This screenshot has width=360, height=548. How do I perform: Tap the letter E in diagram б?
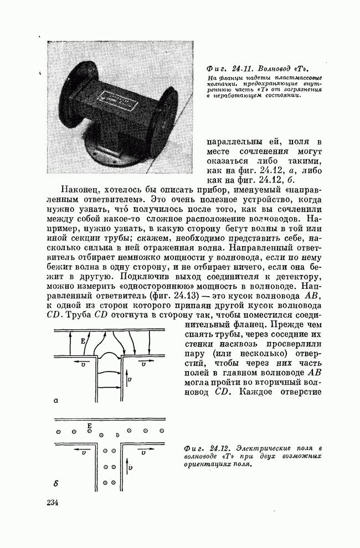[89, 425]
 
